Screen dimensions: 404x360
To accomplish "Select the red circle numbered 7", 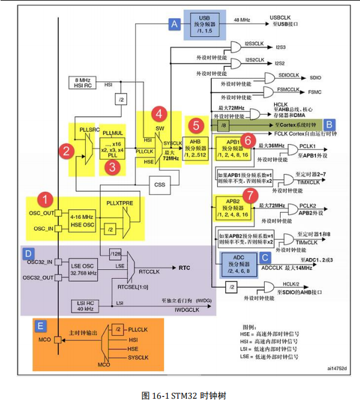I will pyautogui.click(x=250, y=195).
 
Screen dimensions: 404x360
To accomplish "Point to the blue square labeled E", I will pyautogui.click(x=40, y=323).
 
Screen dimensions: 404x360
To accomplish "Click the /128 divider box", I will pyautogui.click(x=116, y=253).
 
